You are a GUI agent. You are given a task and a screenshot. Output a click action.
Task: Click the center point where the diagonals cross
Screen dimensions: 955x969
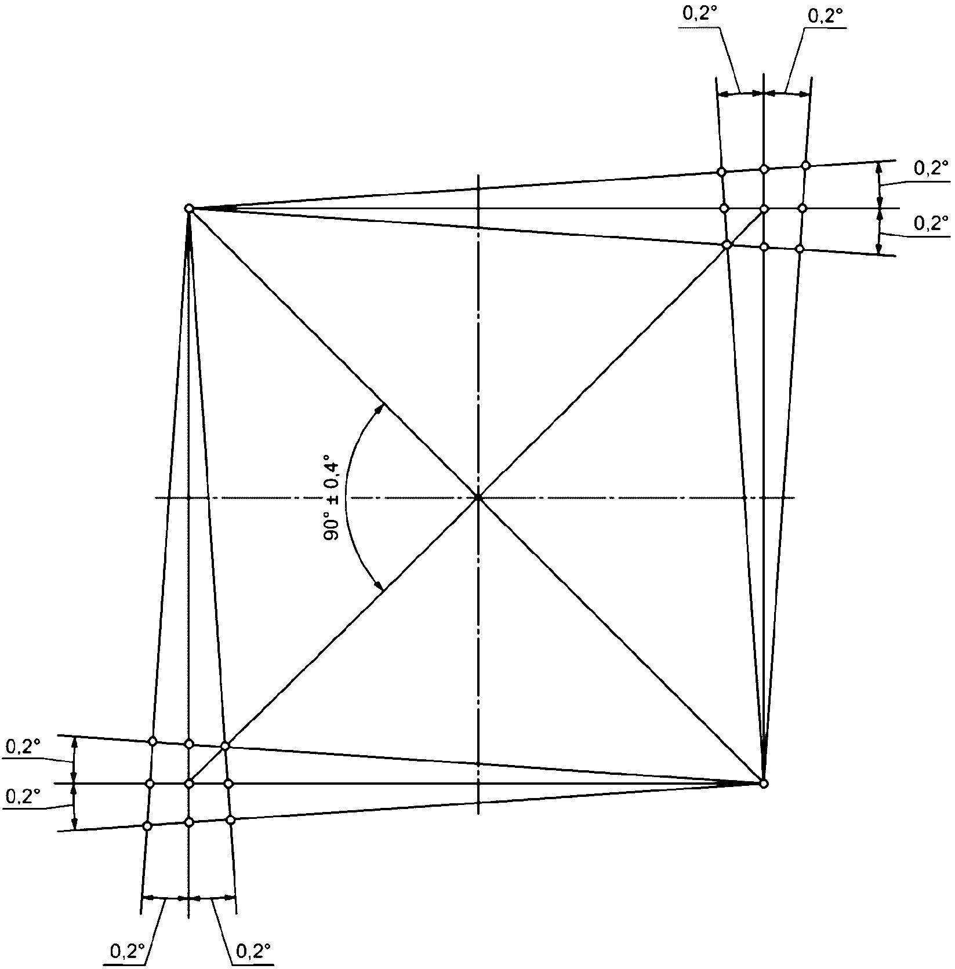coord(478,497)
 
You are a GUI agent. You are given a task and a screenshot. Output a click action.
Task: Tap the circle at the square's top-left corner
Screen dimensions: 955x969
coord(188,208)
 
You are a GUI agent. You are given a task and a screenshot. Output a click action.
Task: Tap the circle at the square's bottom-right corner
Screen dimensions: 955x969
coord(764,784)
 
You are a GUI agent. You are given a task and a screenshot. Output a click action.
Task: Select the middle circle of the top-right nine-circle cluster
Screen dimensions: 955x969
coord(764,208)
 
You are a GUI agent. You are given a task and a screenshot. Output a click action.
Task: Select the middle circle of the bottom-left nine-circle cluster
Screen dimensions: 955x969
coord(188,784)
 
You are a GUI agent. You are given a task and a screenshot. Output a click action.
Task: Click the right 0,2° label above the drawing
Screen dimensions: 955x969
coord(825,17)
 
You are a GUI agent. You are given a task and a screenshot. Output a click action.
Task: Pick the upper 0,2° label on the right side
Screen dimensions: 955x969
coord(931,169)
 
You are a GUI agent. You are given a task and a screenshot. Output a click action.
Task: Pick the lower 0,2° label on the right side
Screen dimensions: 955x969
coord(931,223)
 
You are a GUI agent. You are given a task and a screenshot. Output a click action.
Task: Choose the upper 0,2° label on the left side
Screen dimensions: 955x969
coord(23,747)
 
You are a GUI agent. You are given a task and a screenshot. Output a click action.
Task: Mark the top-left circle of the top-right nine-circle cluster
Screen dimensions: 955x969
coord(721,172)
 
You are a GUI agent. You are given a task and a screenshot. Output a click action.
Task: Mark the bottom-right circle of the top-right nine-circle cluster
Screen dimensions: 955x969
coord(800,249)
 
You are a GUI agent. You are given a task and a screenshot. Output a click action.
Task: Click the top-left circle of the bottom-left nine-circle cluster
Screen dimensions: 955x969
coord(152,741)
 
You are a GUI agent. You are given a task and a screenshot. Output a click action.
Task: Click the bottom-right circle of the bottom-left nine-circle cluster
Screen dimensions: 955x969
coord(231,819)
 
